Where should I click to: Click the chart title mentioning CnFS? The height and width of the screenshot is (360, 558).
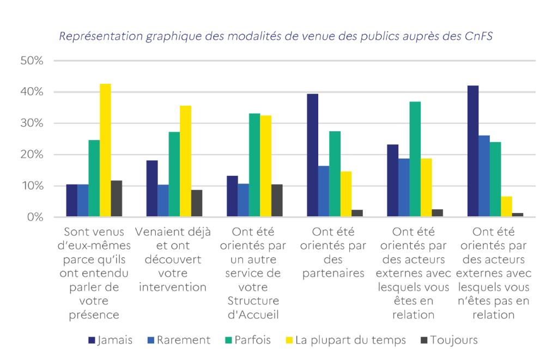pyautogui.click(x=276, y=36)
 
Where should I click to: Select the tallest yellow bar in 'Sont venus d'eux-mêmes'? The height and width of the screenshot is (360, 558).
pyautogui.click(x=105, y=150)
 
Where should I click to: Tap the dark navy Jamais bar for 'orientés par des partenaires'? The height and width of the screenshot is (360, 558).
pyautogui.click(x=312, y=155)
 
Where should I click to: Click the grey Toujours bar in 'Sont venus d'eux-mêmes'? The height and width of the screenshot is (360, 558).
pyautogui.click(x=116, y=199)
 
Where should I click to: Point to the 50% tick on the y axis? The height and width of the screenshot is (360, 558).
pyautogui.click(x=32, y=60)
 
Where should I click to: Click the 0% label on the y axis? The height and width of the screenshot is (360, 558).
pyautogui.click(x=34, y=217)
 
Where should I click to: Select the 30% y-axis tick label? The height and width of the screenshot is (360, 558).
pyautogui.click(x=32, y=123)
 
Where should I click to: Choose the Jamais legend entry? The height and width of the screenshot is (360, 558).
pyautogui.click(x=110, y=340)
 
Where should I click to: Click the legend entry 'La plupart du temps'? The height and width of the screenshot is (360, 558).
pyautogui.click(x=345, y=340)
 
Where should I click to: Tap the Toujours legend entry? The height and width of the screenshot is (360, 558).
pyautogui.click(x=448, y=340)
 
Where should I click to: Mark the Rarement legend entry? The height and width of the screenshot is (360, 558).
pyautogui.click(x=178, y=340)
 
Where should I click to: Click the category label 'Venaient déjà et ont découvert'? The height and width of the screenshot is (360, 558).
pyautogui.click(x=173, y=259)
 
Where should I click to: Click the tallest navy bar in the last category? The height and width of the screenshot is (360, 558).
pyautogui.click(x=473, y=151)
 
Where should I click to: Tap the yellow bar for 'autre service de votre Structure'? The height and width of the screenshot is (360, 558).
pyautogui.click(x=265, y=166)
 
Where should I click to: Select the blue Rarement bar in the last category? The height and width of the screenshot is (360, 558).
pyautogui.click(x=484, y=176)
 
